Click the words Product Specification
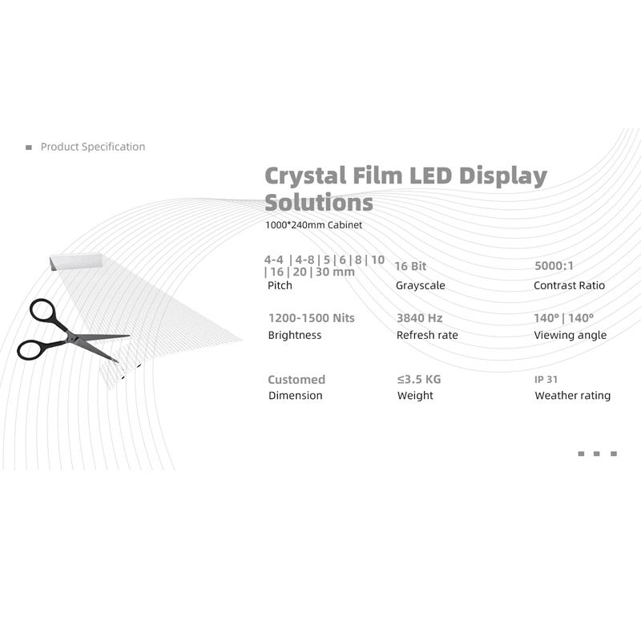pyautogui.click(x=93, y=147)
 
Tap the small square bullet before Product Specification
pyautogui.click(x=29, y=147)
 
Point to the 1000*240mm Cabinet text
pyautogui.click(x=313, y=225)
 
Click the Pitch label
pyautogui.click(x=279, y=285)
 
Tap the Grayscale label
pyautogui.click(x=421, y=285)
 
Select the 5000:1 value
pyautogui.click(x=554, y=265)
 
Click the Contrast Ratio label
pyautogui.click(x=569, y=285)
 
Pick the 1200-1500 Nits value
pyautogui.click(x=311, y=317)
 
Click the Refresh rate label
pyautogui.click(x=426, y=335)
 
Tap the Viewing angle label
pyautogui.click(x=570, y=335)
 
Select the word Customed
pyautogui.click(x=296, y=379)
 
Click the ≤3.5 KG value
pyautogui.click(x=419, y=379)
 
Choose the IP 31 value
pyautogui.click(x=546, y=379)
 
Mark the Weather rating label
pyautogui.click(x=572, y=395)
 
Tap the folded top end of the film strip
pyautogui.click(x=77, y=261)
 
